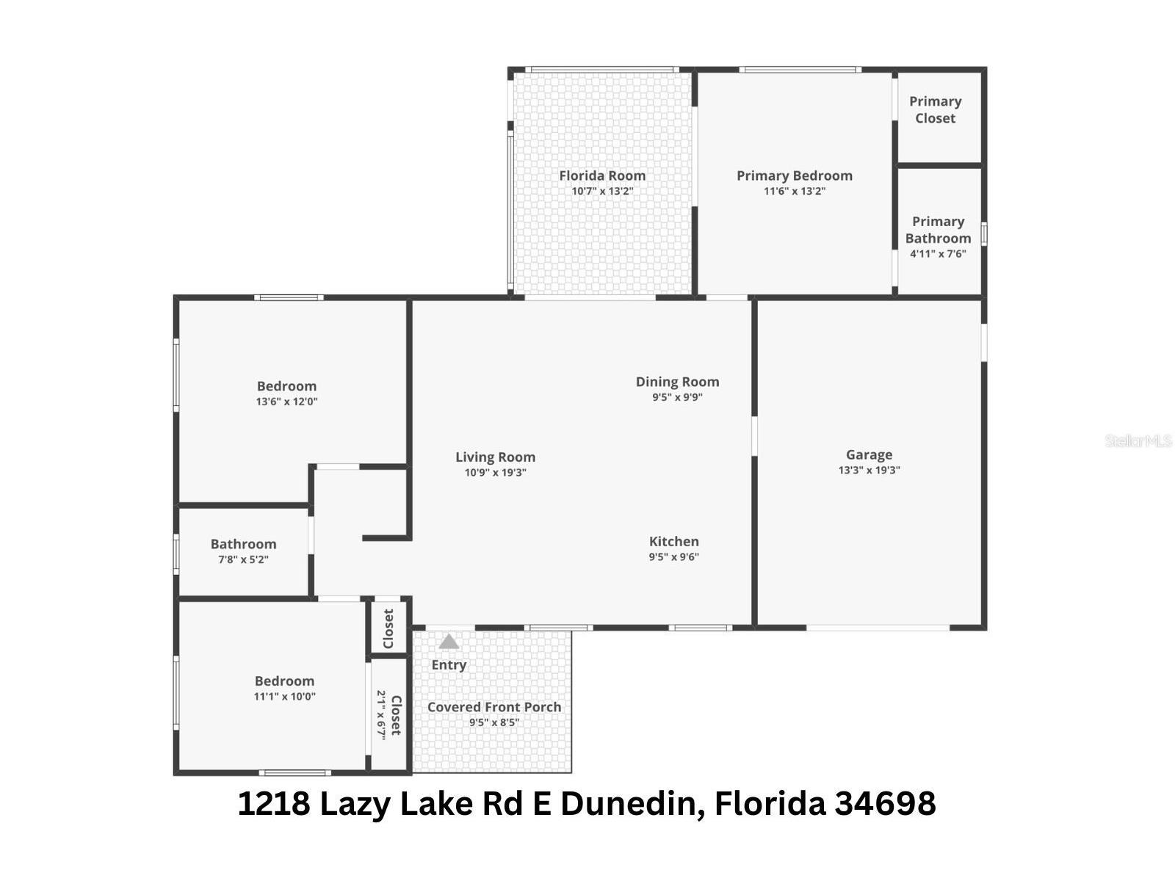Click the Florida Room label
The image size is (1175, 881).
click(x=602, y=175)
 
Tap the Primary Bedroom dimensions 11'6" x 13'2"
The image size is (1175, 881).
click(x=795, y=192)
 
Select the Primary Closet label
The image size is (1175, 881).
click(x=935, y=110)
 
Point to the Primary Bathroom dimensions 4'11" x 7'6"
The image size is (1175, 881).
click(x=938, y=254)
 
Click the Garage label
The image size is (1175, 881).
click(x=869, y=455)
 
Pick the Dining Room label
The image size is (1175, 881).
click(x=677, y=382)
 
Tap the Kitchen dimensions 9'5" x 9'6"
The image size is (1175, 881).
click(x=673, y=557)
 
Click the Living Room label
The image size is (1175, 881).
click(x=495, y=457)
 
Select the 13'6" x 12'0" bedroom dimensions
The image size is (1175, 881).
click(x=286, y=402)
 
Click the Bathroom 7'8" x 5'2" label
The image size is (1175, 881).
click(x=243, y=545)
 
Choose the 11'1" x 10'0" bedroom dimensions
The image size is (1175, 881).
click(x=284, y=697)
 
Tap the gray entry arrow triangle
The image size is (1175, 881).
click(x=449, y=642)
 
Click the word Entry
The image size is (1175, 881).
click(x=449, y=665)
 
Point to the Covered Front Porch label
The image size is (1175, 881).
click(x=494, y=707)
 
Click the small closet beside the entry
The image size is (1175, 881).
click(x=388, y=628)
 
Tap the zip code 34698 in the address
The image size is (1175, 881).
click(x=885, y=803)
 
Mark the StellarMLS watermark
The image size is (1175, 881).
click(x=1138, y=441)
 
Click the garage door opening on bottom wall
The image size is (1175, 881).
click(x=878, y=628)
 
